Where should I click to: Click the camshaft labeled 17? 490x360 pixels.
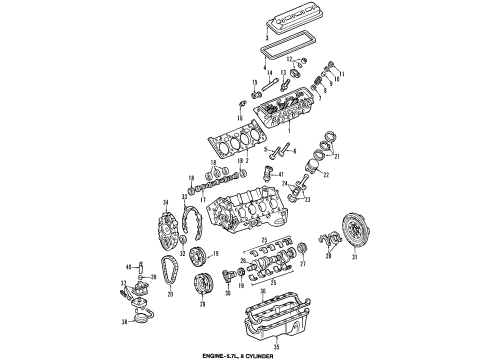(219, 187)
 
